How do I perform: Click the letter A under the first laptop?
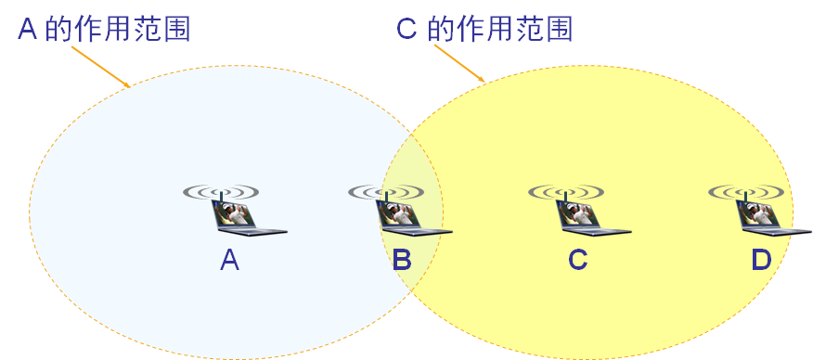click(230, 261)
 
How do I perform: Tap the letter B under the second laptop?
click(402, 261)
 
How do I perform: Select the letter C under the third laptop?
click(577, 261)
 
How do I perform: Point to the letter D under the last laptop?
click(761, 261)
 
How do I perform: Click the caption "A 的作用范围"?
click(105, 30)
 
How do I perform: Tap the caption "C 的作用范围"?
click(484, 30)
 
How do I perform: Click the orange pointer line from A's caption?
click(100, 65)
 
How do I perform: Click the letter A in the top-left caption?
click(29, 30)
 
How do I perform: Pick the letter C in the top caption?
click(406, 30)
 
